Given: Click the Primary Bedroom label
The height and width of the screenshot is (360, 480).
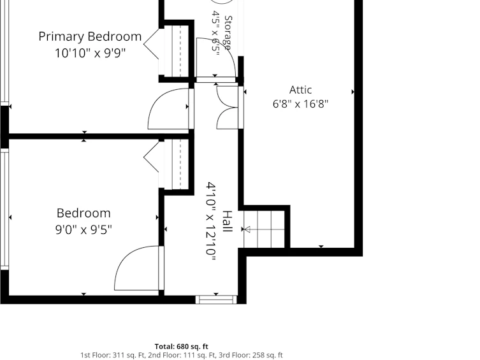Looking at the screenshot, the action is (90, 37).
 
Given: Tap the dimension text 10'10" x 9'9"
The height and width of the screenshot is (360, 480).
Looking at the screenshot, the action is (90, 54).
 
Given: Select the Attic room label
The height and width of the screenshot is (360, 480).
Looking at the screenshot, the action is (301, 90).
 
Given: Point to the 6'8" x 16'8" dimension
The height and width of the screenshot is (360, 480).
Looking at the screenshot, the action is (301, 104).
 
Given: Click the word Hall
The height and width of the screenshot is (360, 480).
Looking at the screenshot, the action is (227, 222).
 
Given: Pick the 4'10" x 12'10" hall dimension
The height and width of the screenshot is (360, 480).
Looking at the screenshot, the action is (211, 222).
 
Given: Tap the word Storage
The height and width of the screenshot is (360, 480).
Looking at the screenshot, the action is (228, 32).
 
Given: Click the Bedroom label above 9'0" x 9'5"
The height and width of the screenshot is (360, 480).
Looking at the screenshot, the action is (84, 213).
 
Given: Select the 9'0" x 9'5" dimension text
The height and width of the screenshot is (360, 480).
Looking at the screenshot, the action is (84, 229).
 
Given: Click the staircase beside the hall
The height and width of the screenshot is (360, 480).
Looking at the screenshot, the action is (264, 229).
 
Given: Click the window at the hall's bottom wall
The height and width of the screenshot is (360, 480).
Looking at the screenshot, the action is (216, 299).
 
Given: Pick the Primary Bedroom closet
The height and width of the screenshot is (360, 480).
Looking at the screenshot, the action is (177, 51).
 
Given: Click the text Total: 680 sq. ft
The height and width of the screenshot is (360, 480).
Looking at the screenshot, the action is (181, 347).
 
